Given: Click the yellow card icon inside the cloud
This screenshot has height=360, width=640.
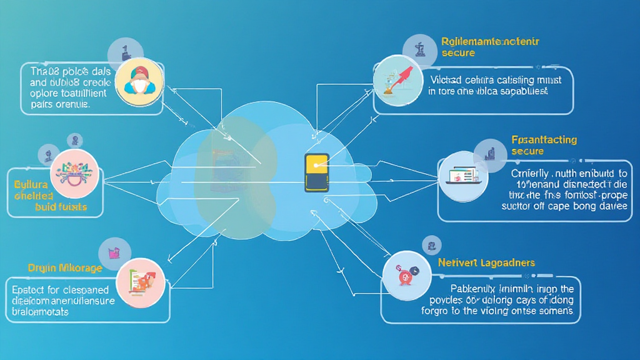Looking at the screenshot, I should (x=316, y=172).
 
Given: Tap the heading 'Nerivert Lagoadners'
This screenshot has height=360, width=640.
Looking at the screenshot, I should (x=486, y=262).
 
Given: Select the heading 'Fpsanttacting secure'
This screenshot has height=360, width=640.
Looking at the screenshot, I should (x=543, y=145).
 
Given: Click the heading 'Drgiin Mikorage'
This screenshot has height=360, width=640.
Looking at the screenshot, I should (x=65, y=267).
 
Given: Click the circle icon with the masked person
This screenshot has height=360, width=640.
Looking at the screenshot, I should (x=139, y=81).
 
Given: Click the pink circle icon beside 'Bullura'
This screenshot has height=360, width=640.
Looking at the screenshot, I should (x=74, y=173).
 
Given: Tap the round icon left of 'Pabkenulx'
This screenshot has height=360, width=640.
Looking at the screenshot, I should (x=406, y=276).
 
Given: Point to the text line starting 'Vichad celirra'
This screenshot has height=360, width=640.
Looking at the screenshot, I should (x=496, y=80).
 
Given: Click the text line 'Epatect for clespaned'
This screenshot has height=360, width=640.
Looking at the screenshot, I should (x=61, y=290).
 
